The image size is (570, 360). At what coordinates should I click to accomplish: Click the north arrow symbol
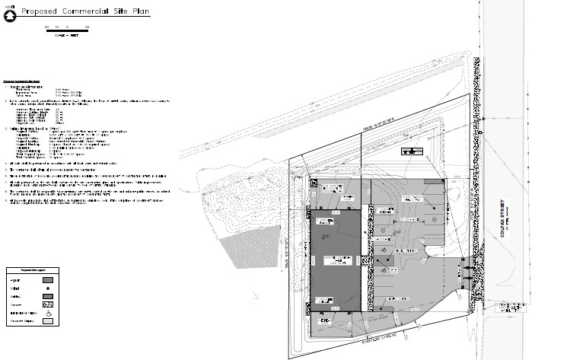(x=9, y=11)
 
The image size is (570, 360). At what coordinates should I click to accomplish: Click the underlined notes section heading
(x=21, y=81)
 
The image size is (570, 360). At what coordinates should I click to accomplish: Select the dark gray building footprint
(x=335, y=259)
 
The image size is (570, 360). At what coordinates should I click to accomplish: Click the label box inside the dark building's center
(x=335, y=260)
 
